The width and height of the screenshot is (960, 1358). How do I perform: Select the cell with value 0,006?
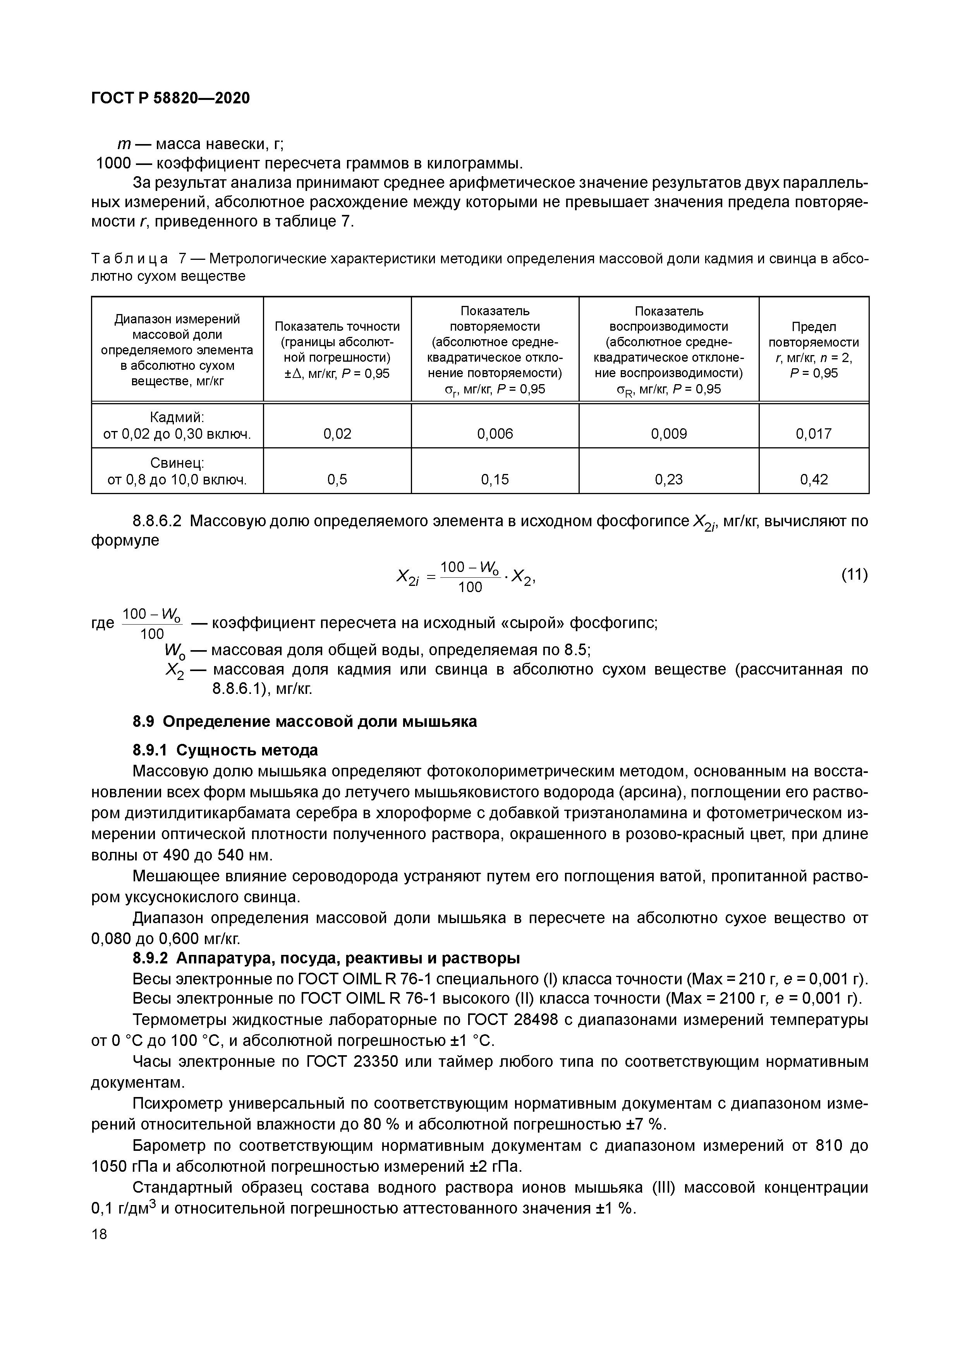495,434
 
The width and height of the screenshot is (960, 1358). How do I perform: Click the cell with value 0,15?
495,479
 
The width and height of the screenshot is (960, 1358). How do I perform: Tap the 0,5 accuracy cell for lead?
337,479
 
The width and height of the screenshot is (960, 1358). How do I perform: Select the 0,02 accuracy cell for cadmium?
337,434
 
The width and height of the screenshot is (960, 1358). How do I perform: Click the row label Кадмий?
177,417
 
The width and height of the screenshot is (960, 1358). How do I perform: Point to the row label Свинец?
177,462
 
